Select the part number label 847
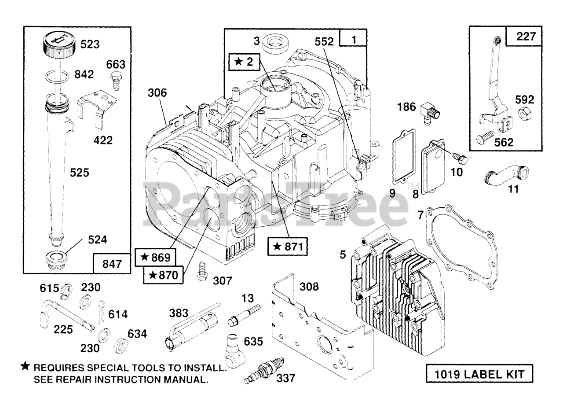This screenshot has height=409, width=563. coord(112,264)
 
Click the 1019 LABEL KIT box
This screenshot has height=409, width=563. coord(479,374)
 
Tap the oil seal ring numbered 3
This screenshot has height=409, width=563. coord(275,43)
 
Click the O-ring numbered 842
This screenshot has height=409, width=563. coord(57,76)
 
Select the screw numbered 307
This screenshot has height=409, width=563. coord(201,271)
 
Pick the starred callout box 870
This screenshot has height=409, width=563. coord(163,275)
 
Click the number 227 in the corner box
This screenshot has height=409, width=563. coord(526,37)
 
